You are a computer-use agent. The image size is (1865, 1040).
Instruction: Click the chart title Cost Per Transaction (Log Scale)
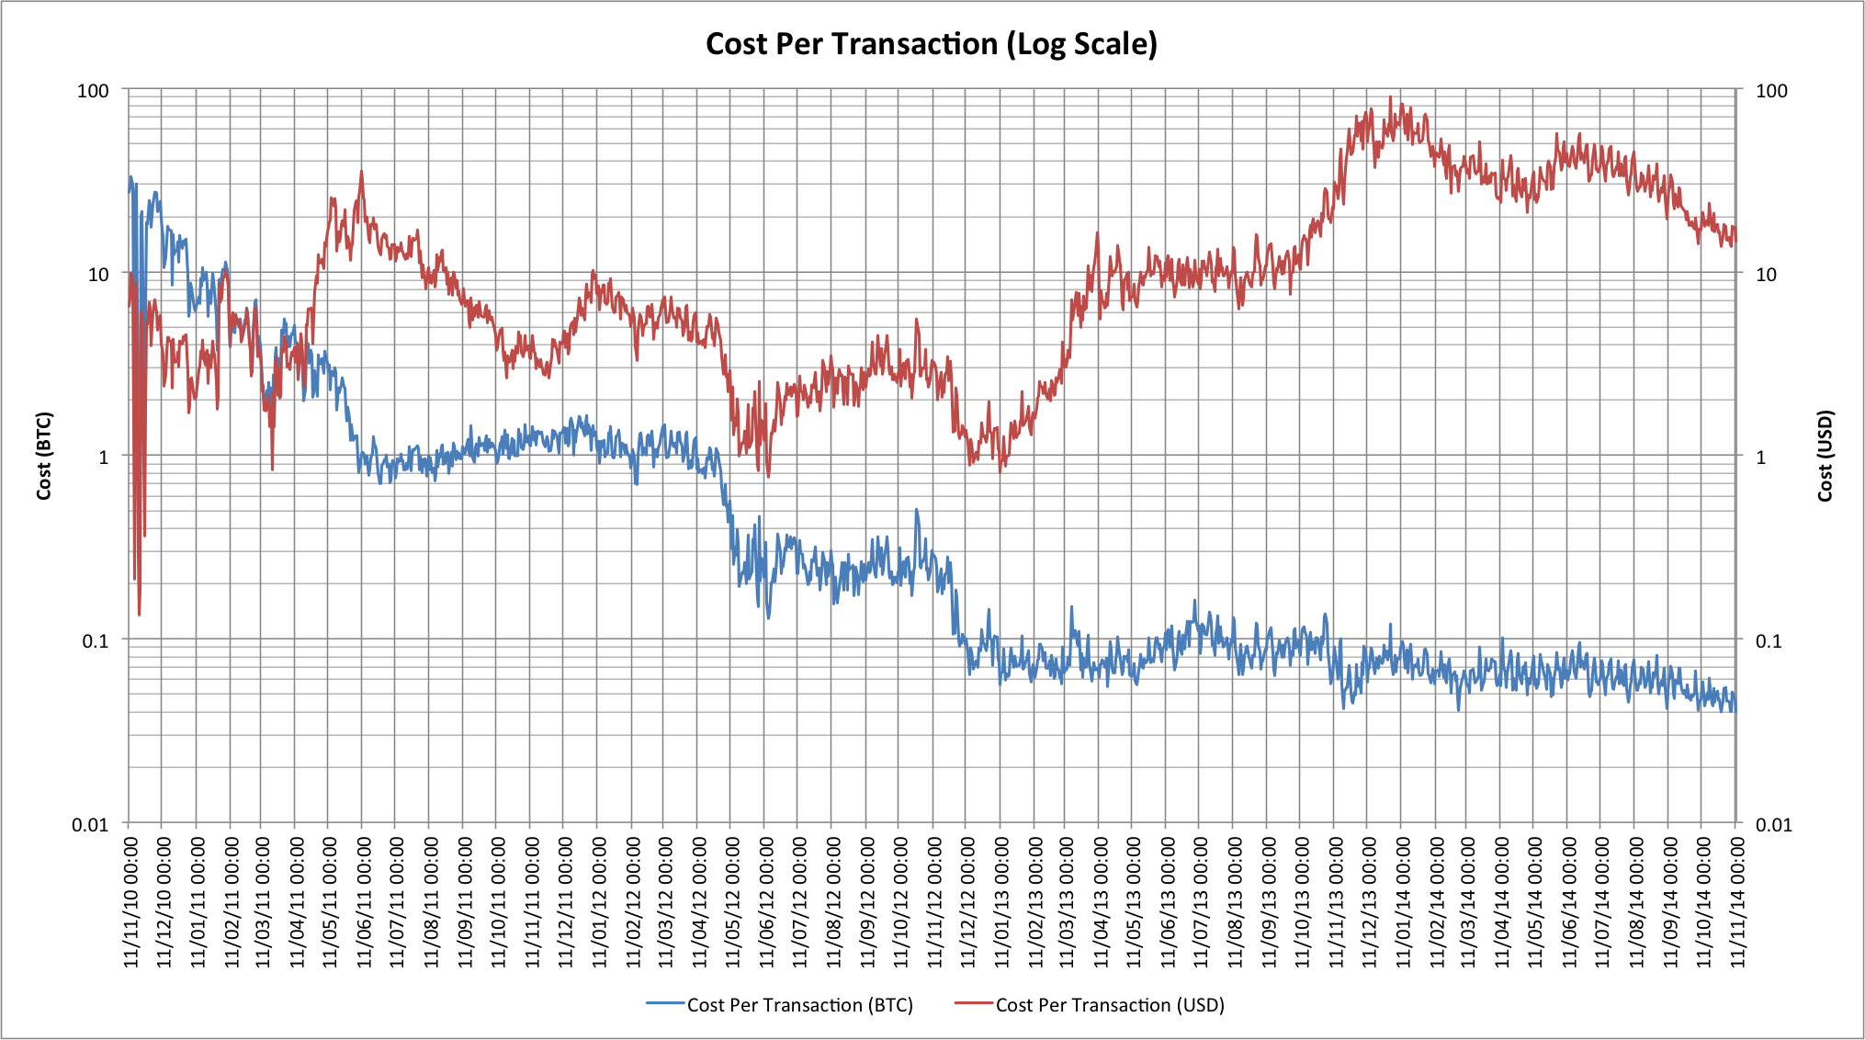(931, 44)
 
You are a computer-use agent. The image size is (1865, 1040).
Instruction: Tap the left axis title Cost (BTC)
(44, 456)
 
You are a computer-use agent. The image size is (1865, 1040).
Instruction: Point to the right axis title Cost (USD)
(1825, 456)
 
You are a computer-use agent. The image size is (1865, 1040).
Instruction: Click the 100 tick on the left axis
(93, 91)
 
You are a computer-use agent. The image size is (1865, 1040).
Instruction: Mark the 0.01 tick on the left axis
(90, 824)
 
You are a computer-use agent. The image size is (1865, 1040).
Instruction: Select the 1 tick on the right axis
(1760, 458)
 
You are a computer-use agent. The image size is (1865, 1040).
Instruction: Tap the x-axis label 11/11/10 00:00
(130, 901)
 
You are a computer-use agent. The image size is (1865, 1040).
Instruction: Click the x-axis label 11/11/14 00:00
(1737, 901)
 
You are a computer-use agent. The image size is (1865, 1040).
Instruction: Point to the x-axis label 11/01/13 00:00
(1001, 901)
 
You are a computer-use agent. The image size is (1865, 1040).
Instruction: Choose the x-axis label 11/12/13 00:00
(1369, 901)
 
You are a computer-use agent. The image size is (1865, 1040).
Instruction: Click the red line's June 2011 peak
(361, 172)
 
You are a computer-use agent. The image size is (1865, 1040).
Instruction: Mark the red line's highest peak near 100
(1390, 96)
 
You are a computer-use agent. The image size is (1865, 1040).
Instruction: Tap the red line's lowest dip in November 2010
(139, 614)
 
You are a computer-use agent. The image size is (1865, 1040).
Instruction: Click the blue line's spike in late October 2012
(916, 510)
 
